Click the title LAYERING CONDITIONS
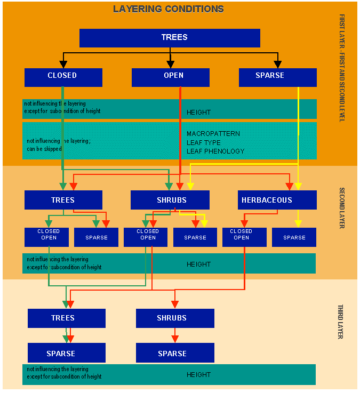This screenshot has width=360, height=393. [x=168, y=9]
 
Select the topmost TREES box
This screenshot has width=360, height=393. [x=170, y=38]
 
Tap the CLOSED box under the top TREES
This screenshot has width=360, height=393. [x=63, y=77]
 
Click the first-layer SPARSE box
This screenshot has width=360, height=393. [x=277, y=77]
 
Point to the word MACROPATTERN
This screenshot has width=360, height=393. [x=213, y=134]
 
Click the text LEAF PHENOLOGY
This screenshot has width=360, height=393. [x=215, y=151]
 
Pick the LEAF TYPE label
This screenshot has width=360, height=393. [x=204, y=143]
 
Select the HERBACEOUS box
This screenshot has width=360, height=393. [x=277, y=200]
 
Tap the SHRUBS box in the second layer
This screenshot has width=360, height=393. [x=170, y=200]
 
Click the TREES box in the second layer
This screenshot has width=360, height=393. [x=63, y=200]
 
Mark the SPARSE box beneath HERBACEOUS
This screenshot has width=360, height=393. [x=294, y=237]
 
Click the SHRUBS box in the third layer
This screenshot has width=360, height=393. [x=175, y=318]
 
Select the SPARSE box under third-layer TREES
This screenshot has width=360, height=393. [x=66, y=353]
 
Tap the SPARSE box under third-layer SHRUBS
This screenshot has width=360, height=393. [x=175, y=353]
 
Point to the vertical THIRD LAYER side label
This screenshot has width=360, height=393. [x=340, y=322]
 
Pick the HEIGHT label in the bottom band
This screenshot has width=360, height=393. [x=199, y=375]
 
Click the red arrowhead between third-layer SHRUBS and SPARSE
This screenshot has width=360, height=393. [x=175, y=339]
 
